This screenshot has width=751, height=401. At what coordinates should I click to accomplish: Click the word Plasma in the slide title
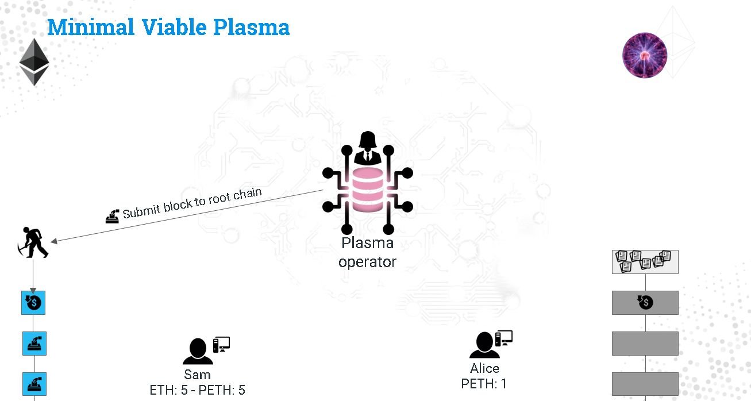(251, 27)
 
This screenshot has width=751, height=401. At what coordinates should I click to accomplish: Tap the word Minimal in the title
(91, 27)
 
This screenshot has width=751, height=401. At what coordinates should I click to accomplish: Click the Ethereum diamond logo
(34, 62)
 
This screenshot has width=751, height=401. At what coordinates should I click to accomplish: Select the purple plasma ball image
(644, 55)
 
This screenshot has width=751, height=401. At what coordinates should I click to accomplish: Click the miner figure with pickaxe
(33, 243)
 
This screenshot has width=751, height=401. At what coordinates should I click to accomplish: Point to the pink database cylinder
(367, 190)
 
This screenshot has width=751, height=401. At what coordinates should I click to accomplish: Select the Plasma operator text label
(367, 252)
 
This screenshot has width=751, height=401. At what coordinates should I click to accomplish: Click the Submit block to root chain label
(192, 203)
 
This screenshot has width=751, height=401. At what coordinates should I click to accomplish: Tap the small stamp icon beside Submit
(112, 216)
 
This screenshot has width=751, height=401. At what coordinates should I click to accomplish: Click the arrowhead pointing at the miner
(53, 241)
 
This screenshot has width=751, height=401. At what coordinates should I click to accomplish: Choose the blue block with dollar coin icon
(33, 303)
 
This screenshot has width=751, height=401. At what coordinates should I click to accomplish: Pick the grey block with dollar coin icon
(645, 303)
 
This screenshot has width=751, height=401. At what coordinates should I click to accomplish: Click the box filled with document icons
(645, 262)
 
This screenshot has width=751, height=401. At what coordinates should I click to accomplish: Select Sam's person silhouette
(198, 351)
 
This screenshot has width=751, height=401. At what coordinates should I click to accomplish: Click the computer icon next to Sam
(221, 344)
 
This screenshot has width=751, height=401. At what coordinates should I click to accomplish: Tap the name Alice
(484, 368)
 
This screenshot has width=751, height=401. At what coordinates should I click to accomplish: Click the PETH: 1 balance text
(484, 384)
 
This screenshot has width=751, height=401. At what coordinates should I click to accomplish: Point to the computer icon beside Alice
(504, 338)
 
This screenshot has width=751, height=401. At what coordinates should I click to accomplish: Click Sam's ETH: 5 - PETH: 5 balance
(198, 390)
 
